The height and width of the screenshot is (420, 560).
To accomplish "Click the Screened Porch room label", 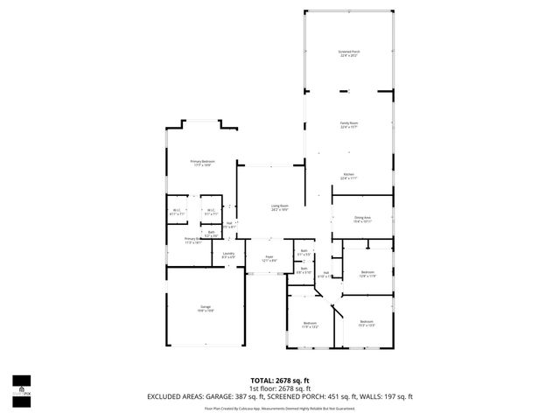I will [349, 53].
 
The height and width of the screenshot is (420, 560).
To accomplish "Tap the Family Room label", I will [349, 124].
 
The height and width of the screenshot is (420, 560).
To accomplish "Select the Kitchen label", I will [348, 176].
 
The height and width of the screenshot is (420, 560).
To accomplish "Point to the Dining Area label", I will [362, 220].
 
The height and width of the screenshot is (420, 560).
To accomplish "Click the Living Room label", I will [279, 207].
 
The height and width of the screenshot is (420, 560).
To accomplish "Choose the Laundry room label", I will [228, 255].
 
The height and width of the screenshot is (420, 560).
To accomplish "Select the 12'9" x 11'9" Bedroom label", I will [367, 274].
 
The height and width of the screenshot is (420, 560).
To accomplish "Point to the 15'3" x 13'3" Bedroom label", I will [366, 324].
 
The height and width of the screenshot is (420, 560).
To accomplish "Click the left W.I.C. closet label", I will [177, 211].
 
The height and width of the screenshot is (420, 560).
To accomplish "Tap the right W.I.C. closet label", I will [211, 211].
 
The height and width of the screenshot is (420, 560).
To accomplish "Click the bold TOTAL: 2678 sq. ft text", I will [280, 381].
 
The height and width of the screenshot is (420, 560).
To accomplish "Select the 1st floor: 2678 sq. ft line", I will [280, 388].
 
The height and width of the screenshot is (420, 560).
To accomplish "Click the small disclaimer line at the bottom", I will [280, 408].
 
